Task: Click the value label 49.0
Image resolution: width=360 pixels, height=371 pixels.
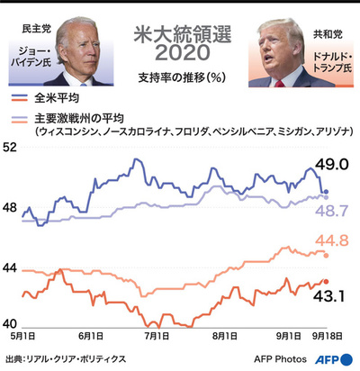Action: point(332,165)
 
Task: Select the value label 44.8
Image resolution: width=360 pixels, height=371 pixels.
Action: point(332,240)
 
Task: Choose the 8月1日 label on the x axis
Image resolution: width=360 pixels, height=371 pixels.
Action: point(225,336)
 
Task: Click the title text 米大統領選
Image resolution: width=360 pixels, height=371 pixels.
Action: point(180,35)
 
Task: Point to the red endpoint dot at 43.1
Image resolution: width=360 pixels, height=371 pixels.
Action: point(326,282)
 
